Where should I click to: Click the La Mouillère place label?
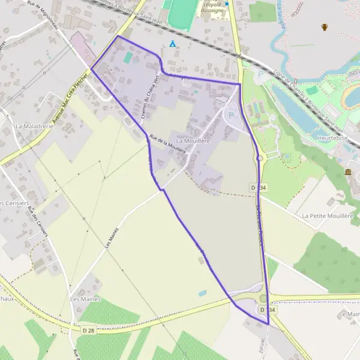(191, 140)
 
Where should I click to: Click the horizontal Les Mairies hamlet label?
(85, 299)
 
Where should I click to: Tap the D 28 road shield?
(89, 331)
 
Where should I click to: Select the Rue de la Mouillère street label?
(167, 143)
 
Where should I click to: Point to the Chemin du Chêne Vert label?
(145, 99)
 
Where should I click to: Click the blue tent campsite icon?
(173, 43)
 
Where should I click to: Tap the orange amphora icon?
(325, 26)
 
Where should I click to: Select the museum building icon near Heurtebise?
(349, 173)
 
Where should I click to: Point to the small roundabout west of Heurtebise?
(260, 158)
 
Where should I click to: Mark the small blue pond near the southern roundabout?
(202, 293)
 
